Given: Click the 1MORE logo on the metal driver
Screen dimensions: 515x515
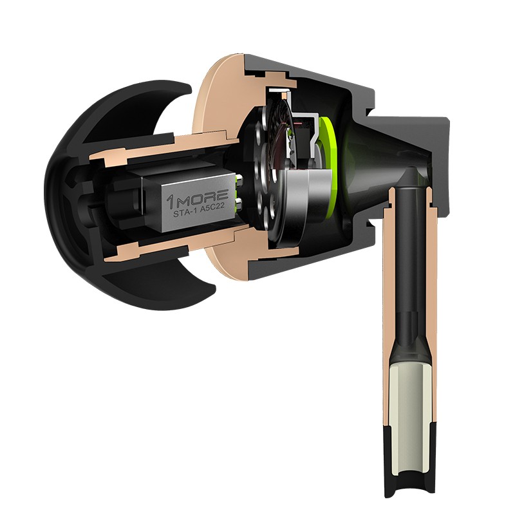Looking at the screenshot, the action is click(197, 198).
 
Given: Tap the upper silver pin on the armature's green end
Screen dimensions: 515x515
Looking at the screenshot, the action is click(239, 180).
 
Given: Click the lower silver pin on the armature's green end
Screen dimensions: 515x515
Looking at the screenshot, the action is click(239, 203).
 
